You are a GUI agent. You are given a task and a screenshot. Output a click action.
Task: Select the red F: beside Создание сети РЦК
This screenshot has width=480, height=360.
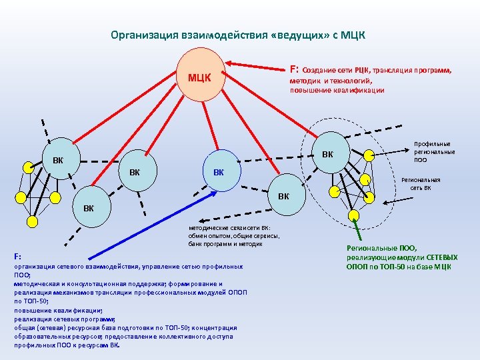pos(293,69)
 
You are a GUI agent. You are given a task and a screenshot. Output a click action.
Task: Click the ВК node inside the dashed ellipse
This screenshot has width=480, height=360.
pos(327,155)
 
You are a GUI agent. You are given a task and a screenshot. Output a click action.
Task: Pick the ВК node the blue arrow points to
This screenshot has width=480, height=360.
pos(218,172)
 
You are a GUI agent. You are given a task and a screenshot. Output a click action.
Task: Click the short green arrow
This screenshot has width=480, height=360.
pos(357,231)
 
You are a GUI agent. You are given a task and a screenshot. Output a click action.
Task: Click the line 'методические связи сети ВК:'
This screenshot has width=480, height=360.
pos(229,227)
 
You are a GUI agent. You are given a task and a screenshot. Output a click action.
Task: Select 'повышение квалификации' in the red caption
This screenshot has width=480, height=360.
pos(337,90)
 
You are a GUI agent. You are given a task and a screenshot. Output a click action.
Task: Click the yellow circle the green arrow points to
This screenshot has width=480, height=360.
pos(353,215)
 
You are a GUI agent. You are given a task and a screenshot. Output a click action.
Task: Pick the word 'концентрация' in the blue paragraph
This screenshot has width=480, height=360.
pos(216,328)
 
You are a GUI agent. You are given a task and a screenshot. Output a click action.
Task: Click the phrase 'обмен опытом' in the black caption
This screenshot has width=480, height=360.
pos(210,236)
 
